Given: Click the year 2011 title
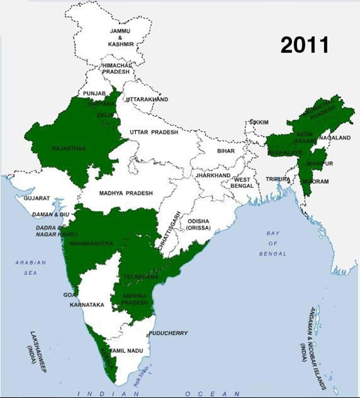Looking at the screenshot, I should click(x=304, y=45).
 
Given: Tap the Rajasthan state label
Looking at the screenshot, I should click(x=69, y=148).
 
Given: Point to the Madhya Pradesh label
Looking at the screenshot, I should click(x=126, y=193).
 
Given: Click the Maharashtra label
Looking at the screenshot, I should click(x=91, y=244).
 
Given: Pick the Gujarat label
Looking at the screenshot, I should click(x=37, y=198).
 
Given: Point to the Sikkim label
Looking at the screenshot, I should click(x=259, y=122).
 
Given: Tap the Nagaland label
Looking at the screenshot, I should click(x=335, y=138).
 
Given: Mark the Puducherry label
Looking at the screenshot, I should click(x=168, y=333).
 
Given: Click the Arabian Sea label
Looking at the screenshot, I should click(x=30, y=268).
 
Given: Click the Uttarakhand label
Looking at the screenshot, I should click(x=148, y=99).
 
